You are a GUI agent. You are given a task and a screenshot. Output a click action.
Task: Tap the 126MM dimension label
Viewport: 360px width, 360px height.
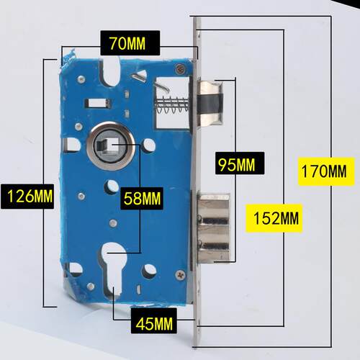[27, 196]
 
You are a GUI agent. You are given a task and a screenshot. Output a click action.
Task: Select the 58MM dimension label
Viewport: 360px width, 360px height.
[142, 199]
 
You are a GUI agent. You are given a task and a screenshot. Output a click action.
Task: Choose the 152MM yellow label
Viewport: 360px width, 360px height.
[274, 218]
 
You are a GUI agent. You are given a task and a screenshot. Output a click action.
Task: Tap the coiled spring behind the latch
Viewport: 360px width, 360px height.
[172, 105]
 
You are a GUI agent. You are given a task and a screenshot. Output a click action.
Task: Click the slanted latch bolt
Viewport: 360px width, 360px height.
[211, 103]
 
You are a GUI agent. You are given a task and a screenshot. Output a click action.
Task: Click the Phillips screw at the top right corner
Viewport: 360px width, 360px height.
[180, 68]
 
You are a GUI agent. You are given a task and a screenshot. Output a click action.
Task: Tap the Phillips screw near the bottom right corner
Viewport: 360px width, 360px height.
[180, 275]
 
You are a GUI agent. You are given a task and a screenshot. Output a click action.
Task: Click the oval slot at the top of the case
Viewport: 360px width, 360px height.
[110, 71]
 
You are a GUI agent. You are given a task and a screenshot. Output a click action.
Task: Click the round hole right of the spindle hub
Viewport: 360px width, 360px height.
[149, 145]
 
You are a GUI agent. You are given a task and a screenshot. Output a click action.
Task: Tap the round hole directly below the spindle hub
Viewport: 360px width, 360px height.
[112, 186]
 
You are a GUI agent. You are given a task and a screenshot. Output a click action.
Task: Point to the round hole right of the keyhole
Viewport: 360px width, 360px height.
[149, 271]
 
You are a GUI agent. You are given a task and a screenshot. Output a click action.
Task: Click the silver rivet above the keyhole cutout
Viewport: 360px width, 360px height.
[113, 223]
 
